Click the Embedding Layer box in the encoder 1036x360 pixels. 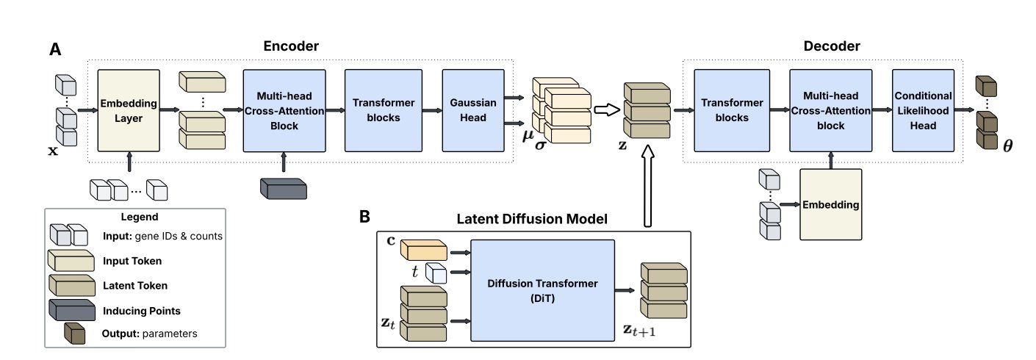tap(129, 110)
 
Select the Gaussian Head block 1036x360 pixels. tap(470, 110)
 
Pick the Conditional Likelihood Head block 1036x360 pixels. tap(924, 110)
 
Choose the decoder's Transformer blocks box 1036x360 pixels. tap(725, 110)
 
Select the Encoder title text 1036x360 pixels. tap(291, 46)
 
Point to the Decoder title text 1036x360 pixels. tap(831, 46)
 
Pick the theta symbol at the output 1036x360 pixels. tap(1007, 145)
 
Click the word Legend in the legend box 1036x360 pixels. tap(139, 217)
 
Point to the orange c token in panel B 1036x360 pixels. tap(424, 251)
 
